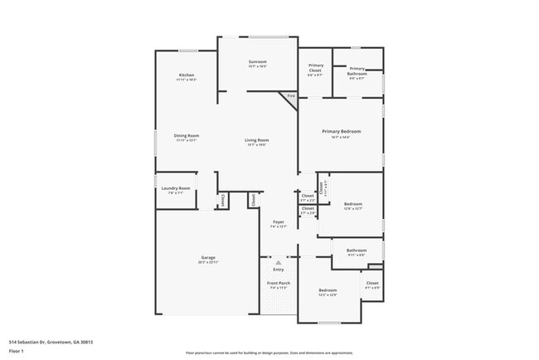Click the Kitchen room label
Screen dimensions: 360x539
point(187,75)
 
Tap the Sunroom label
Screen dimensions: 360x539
point(257,62)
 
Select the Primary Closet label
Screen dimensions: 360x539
point(316,68)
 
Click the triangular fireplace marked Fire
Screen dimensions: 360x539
point(289,96)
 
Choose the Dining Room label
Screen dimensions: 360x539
point(187,136)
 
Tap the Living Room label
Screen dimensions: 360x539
point(256,140)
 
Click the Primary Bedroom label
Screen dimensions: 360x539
point(341,131)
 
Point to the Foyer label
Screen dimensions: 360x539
point(279,221)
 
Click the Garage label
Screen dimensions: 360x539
point(207,258)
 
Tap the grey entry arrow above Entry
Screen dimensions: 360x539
point(279,262)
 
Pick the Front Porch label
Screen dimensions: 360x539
point(279,284)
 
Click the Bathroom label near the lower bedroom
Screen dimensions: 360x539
point(357,251)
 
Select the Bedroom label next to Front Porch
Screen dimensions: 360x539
point(327,290)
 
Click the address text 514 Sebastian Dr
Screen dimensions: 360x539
point(51,342)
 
